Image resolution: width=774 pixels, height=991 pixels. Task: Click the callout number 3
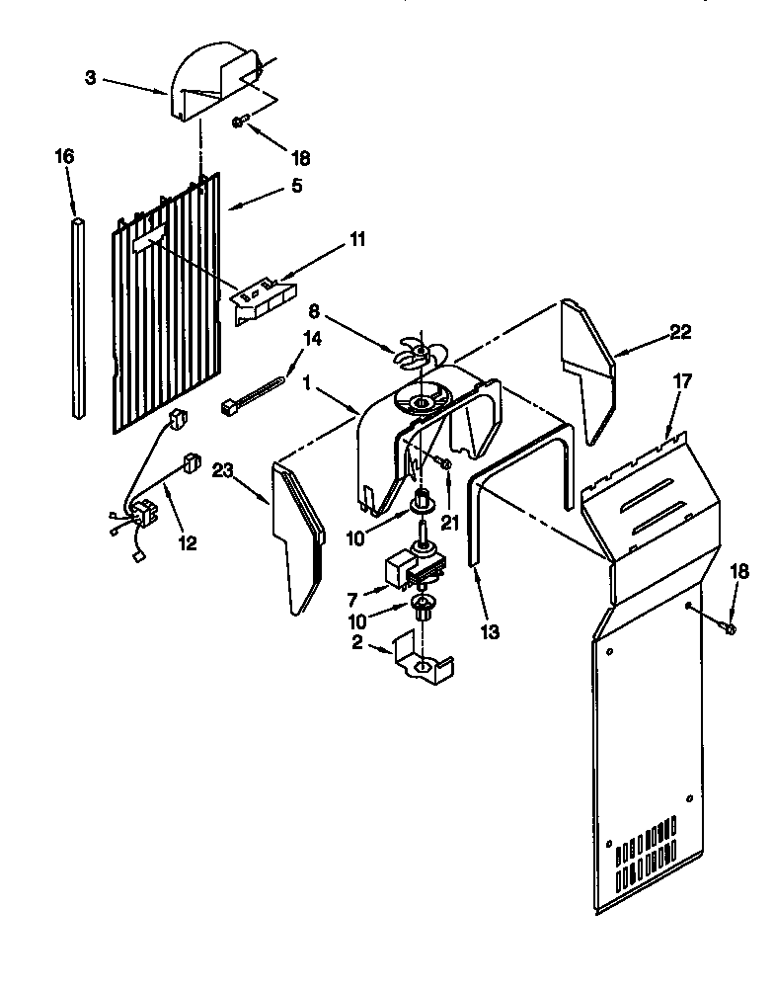pyautogui.click(x=91, y=77)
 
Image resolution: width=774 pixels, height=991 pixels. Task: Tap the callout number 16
pyautogui.click(x=64, y=157)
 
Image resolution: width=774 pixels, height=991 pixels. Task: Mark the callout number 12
pyautogui.click(x=186, y=541)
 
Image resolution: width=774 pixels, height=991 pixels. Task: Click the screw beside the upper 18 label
pyautogui.click(x=240, y=122)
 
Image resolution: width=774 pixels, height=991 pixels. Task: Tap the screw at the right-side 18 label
pyautogui.click(x=729, y=626)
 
